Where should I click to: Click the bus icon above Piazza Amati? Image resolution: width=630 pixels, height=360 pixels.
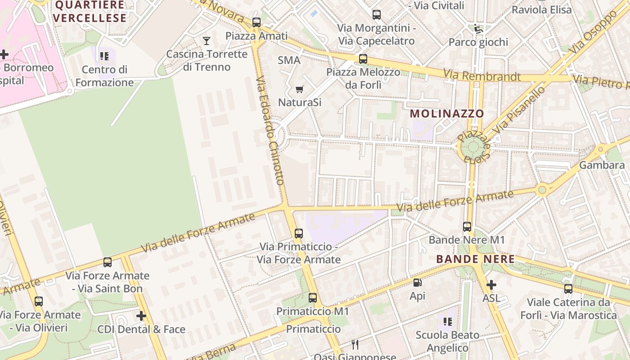[x=256, y=22]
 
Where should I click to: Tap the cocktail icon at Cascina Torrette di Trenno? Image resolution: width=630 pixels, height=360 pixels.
[x=207, y=41]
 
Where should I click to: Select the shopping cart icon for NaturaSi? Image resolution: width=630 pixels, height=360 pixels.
[x=299, y=90]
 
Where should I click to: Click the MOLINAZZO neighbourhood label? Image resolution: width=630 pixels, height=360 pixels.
[x=447, y=114]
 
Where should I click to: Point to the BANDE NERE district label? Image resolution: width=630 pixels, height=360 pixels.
[x=475, y=259]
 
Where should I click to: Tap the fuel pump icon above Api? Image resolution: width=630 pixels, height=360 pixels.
[x=417, y=283]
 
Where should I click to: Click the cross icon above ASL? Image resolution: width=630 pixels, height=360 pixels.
[x=491, y=285]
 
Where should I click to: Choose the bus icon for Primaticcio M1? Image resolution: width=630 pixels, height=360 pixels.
[x=312, y=297]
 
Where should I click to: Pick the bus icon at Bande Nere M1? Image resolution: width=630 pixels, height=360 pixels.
[x=467, y=227]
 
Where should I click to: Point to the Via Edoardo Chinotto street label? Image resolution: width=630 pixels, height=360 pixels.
[x=270, y=130]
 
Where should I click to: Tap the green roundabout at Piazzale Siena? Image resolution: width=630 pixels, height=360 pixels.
[x=472, y=146]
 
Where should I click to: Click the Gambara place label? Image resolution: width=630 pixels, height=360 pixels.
[x=602, y=165]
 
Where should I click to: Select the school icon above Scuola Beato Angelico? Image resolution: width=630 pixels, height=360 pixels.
[x=447, y=322]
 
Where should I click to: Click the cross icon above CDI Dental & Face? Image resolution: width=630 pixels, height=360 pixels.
[x=141, y=316]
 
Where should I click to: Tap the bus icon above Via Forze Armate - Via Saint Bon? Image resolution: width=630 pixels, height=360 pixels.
[x=107, y=262]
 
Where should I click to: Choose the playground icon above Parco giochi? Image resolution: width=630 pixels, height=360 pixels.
[x=478, y=29]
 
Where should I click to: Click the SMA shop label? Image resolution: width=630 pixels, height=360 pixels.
[x=289, y=60]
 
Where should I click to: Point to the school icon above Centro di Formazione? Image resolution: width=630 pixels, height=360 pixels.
[x=104, y=56]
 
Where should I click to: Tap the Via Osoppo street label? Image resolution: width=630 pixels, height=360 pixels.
[x=594, y=31]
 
